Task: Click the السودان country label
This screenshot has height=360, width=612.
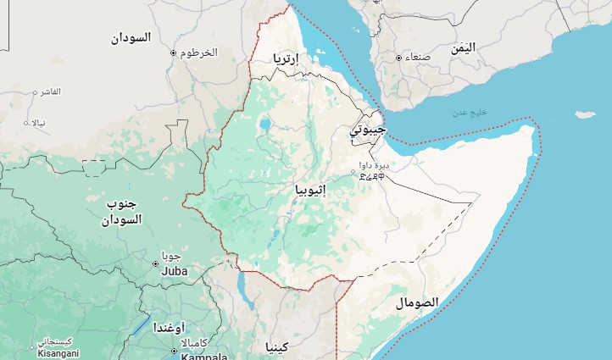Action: pos(131,38)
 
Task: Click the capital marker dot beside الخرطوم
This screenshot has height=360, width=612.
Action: pos(174,53)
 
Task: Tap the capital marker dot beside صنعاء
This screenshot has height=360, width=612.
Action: pos(398,58)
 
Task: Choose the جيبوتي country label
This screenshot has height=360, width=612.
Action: pos(368,131)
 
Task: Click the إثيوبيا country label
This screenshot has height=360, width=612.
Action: pos(309,190)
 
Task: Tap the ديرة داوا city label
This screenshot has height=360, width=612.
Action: pos(372,165)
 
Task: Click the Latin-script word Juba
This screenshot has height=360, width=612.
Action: pos(174,272)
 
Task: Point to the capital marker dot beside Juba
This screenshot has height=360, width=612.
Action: pos(155,263)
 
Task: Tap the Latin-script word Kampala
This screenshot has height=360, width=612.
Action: pos(203,357)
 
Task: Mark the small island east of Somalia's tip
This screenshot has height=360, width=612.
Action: pos(585,114)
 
